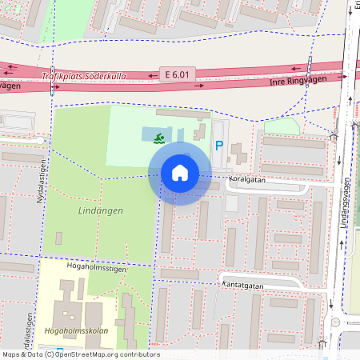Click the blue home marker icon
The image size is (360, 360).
click(180, 173)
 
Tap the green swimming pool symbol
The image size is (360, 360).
click(160, 138)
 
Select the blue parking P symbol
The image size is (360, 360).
click(219, 146)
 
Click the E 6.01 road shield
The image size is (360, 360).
click(177, 73)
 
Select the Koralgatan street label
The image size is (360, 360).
click(247, 180)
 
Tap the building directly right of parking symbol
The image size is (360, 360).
click(238, 153)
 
